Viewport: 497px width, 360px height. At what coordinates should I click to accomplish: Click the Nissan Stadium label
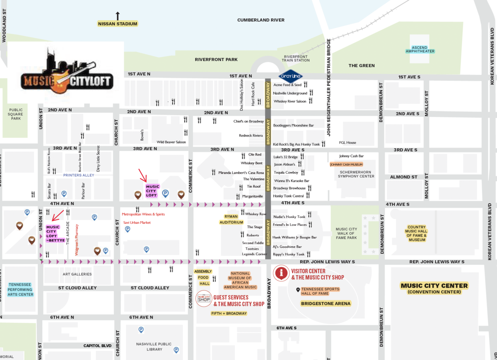pyautogui.click(x=118, y=24)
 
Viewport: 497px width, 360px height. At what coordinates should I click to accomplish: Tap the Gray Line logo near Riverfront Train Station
pyautogui.click(x=290, y=76)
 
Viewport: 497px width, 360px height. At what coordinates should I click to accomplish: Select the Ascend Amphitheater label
pyautogui.click(x=420, y=49)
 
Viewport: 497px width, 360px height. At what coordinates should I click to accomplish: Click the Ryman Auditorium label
pyautogui.click(x=231, y=219)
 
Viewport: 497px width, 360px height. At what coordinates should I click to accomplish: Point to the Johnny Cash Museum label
pyautogui.click(x=346, y=164)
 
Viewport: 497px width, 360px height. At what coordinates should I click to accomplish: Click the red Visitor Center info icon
pyautogui.click(x=282, y=273)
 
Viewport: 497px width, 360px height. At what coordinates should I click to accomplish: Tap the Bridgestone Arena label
pyautogui.click(x=326, y=303)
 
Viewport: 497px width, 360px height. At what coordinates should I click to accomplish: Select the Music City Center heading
pyautogui.click(x=434, y=286)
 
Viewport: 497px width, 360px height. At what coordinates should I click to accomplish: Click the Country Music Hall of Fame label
pyautogui.click(x=417, y=233)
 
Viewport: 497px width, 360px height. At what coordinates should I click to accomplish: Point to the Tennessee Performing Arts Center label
pyautogui.click(x=20, y=289)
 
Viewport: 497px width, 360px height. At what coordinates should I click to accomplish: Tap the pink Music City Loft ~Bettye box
pyautogui.click(x=53, y=233)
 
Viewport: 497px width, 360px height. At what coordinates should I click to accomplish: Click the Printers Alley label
pyautogui.click(x=79, y=175)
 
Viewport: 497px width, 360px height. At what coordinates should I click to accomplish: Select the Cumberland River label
pyautogui.click(x=261, y=20)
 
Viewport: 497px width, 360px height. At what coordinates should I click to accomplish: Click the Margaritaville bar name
pyautogui.click(x=253, y=196)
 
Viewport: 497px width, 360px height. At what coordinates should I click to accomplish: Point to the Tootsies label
pyautogui.click(x=252, y=249)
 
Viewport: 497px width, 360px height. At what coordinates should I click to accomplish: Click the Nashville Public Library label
pyautogui.click(x=149, y=346)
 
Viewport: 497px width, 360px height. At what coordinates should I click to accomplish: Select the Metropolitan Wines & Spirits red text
pyautogui.click(x=143, y=214)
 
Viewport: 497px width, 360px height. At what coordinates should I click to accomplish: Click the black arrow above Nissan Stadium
pyautogui.click(x=118, y=16)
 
